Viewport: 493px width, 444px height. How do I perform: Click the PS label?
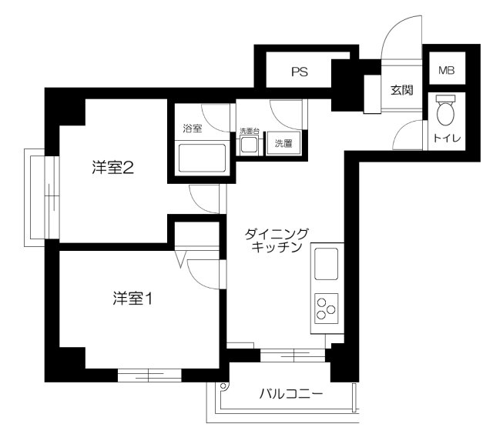(300, 73)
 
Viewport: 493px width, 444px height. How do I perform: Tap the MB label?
(446, 71)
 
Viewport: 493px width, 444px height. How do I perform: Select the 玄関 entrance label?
(401, 90)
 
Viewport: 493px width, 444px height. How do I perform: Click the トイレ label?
(446, 139)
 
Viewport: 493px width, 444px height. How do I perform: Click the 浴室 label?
(192, 129)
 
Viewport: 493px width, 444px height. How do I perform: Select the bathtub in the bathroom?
(202, 159)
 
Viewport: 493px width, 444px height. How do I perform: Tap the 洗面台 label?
(250, 130)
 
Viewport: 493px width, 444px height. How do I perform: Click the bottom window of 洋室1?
(149, 376)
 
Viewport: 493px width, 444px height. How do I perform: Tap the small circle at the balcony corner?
(223, 386)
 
